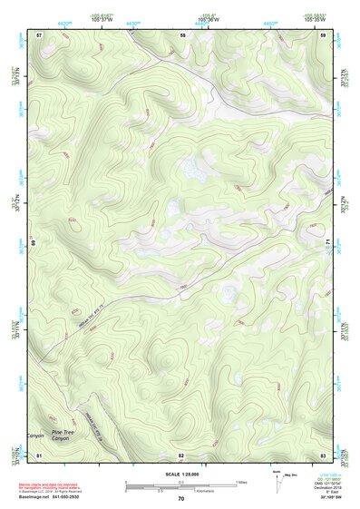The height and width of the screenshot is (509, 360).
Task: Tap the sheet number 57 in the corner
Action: click(x=39, y=34)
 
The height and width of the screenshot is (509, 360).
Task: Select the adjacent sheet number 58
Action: click(x=182, y=34)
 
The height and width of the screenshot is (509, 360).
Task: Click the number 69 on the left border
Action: click(x=35, y=242)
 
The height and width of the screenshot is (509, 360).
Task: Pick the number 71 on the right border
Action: click(x=326, y=242)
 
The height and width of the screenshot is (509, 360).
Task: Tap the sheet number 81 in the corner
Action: click(x=39, y=454)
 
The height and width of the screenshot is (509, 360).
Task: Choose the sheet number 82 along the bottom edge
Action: click(x=182, y=454)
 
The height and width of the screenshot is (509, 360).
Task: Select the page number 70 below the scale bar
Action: click(x=181, y=498)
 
